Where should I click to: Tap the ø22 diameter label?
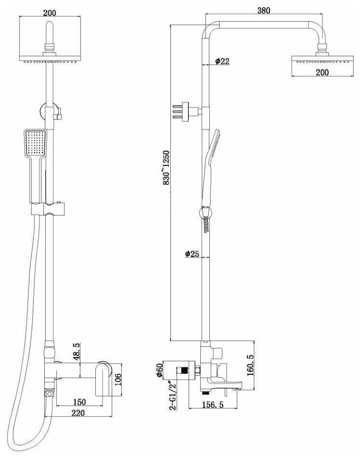(221, 61)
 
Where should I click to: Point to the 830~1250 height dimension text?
(167, 167)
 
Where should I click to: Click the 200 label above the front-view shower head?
(49, 13)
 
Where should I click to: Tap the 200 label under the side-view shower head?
(322, 72)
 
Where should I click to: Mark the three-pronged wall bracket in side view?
(184, 111)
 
